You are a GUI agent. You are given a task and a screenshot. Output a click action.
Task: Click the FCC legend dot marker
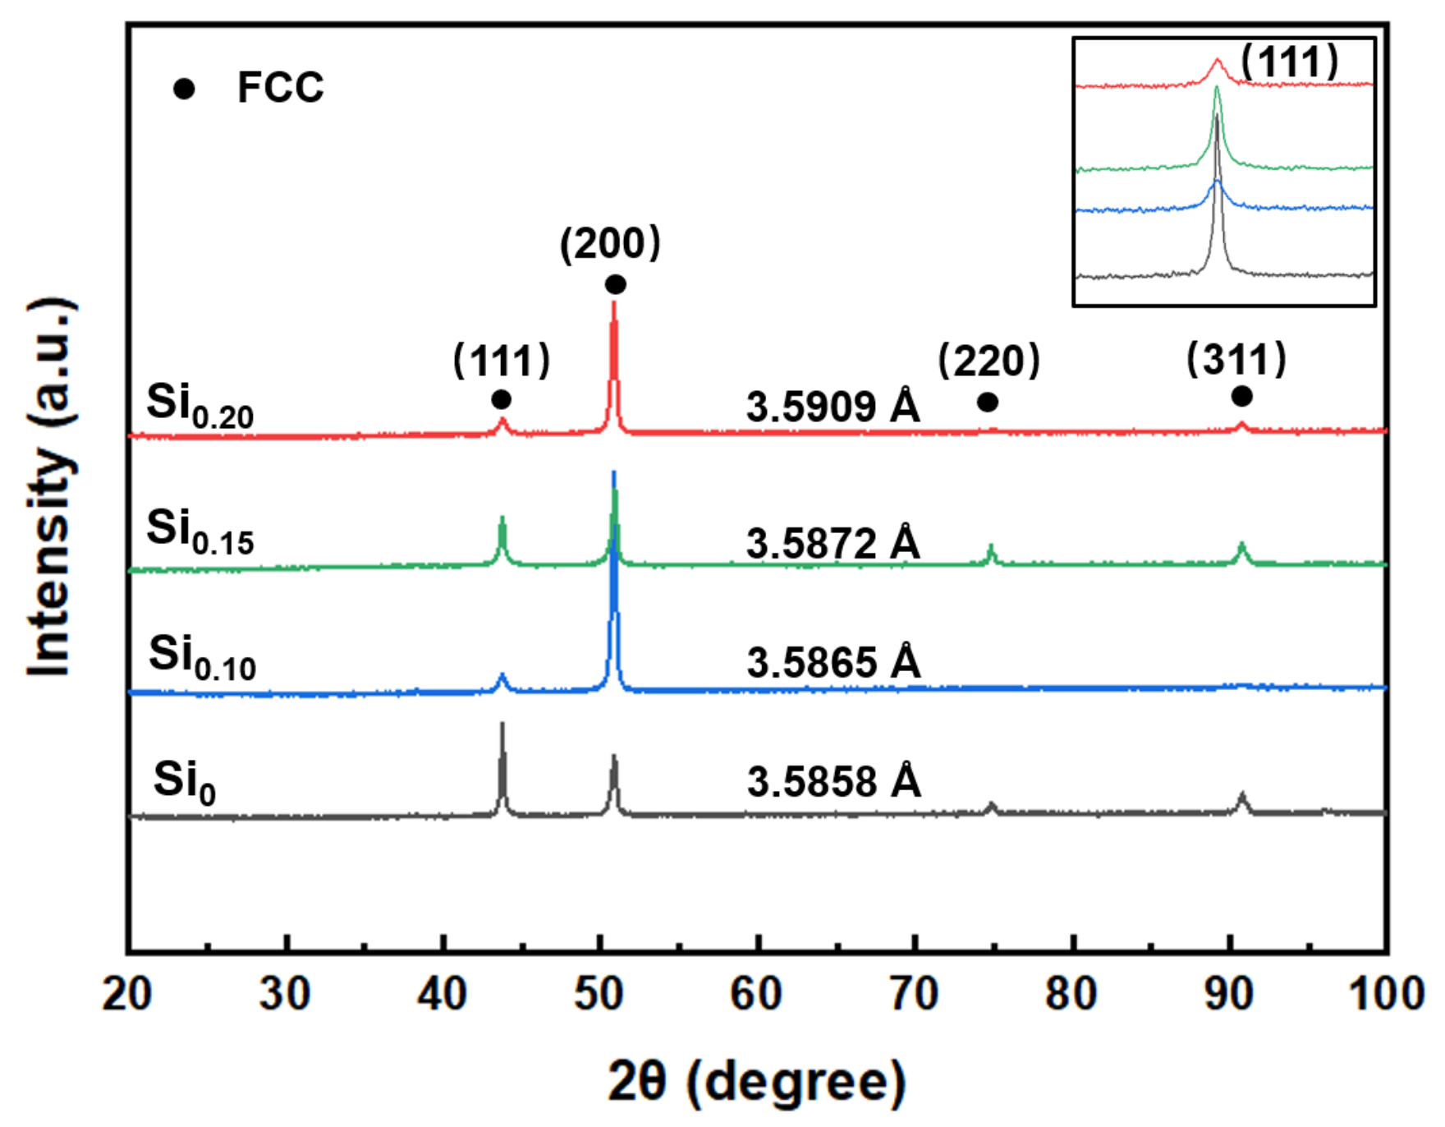point(184,89)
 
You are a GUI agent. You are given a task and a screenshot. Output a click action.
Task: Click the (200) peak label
point(610,244)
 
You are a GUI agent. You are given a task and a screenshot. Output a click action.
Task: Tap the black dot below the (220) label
point(988,402)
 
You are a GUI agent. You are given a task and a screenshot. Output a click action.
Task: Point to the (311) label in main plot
point(1236,360)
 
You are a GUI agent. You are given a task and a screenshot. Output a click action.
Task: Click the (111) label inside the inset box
point(1289,62)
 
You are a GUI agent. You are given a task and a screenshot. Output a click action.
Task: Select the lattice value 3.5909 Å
point(833,407)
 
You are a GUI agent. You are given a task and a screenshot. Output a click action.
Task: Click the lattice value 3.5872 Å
point(833,544)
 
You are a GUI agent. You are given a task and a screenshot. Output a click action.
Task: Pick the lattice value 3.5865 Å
point(833,663)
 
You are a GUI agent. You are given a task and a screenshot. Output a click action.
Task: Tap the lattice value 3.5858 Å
point(833,782)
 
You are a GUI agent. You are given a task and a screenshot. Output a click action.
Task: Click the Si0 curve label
point(184,782)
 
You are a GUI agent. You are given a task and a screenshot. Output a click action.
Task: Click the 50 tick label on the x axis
point(600,995)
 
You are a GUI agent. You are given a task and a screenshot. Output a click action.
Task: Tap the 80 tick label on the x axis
point(1071,995)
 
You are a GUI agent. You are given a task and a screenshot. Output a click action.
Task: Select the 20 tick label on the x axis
point(127,995)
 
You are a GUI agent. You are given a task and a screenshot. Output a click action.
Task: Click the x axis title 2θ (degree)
point(756,1082)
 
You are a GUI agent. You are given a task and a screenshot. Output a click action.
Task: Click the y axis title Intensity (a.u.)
point(51,488)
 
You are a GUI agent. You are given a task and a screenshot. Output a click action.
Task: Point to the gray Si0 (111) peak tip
point(502,724)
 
